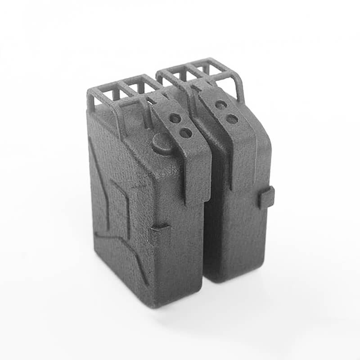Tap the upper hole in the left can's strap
pos(175,119)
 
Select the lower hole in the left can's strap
pos(185,132)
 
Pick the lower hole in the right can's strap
pos(232,119)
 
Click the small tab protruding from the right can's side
pos(266,197)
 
